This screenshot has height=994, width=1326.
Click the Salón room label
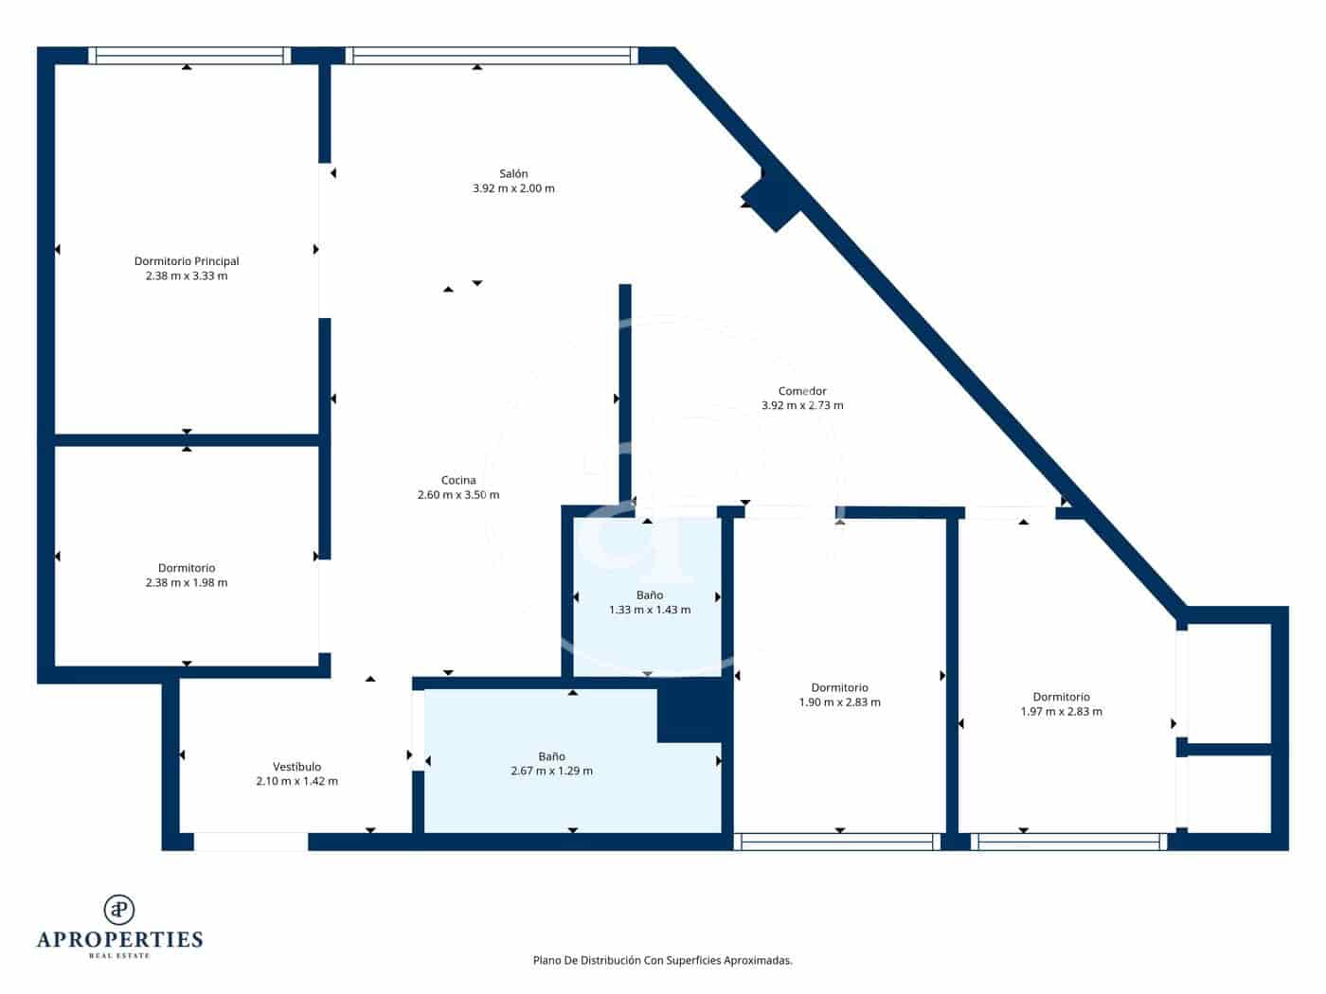coord(513,173)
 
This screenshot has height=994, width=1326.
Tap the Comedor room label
coord(802,391)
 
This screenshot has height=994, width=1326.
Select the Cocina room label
coord(458,480)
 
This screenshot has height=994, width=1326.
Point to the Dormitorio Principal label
coord(187,261)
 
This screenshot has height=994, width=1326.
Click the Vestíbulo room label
coord(296,767)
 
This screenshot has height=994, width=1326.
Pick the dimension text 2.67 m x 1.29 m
coord(551,771)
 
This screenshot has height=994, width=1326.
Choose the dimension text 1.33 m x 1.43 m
coord(650,610)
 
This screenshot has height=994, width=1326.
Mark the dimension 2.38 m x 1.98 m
coord(187,582)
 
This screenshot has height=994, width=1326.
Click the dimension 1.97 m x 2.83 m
coord(1061,711)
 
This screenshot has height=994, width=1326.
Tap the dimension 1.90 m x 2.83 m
coord(839,702)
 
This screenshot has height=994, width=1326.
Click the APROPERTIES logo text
coord(119,939)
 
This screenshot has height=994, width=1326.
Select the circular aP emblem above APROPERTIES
coord(119,909)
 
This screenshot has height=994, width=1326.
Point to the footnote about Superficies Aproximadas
coord(662,960)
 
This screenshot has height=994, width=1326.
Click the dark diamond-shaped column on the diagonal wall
coord(775,200)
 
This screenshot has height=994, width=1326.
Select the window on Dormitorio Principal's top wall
coord(189,56)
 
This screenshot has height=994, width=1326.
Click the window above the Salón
coord(492,56)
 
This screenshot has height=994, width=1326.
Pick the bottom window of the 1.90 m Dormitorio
coord(837,842)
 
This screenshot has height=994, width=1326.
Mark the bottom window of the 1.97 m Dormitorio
coord(1068,842)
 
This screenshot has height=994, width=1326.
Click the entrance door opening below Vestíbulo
coord(251,842)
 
